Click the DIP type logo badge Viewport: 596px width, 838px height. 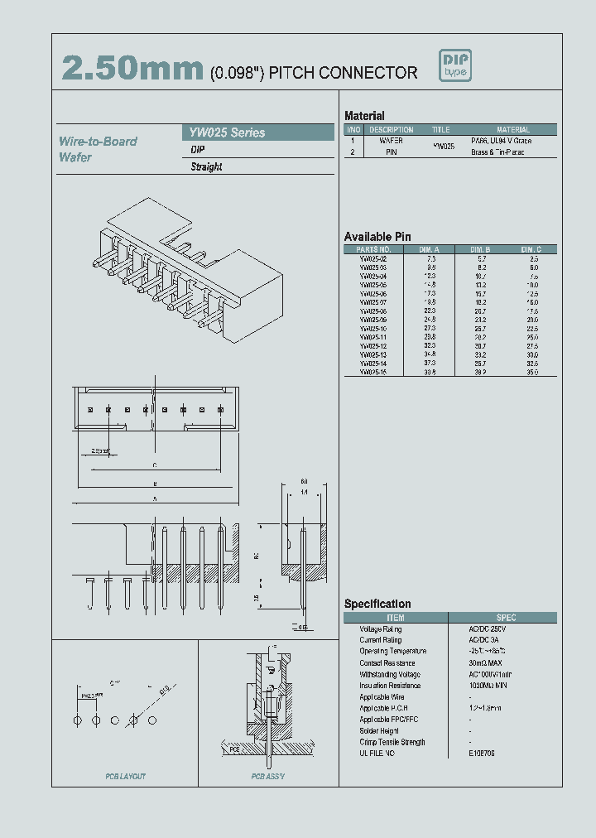pyautogui.click(x=455, y=66)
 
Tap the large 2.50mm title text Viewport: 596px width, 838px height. pyautogui.click(x=132, y=70)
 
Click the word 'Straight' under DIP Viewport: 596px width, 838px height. pyautogui.click(x=206, y=166)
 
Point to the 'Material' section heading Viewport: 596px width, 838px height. pyautogui.click(x=364, y=116)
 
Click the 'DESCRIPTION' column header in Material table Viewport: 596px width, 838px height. pyautogui.click(x=391, y=130)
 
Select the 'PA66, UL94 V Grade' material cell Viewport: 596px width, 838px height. pyautogui.click(x=501, y=141)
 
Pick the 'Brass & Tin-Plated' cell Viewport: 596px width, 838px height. pyautogui.click(x=497, y=152)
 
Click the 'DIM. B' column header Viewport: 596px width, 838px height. pyautogui.click(x=481, y=249)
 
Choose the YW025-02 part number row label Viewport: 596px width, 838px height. pyautogui.click(x=373, y=259)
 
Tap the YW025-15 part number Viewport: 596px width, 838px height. pyautogui.click(x=373, y=373)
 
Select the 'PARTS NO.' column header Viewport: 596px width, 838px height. pyautogui.click(x=373, y=249)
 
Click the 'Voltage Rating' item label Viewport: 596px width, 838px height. pyautogui.click(x=380, y=629)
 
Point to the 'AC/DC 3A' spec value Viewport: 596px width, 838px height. pyautogui.click(x=483, y=640)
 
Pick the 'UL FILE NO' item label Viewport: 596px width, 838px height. pyautogui.click(x=377, y=754)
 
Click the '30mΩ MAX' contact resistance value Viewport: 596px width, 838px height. pyautogui.click(x=485, y=663)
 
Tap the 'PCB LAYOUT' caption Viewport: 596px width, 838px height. pyautogui.click(x=125, y=776)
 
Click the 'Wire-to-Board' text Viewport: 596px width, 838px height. pyautogui.click(x=98, y=142)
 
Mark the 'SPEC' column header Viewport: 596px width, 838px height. pyautogui.click(x=506, y=618)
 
